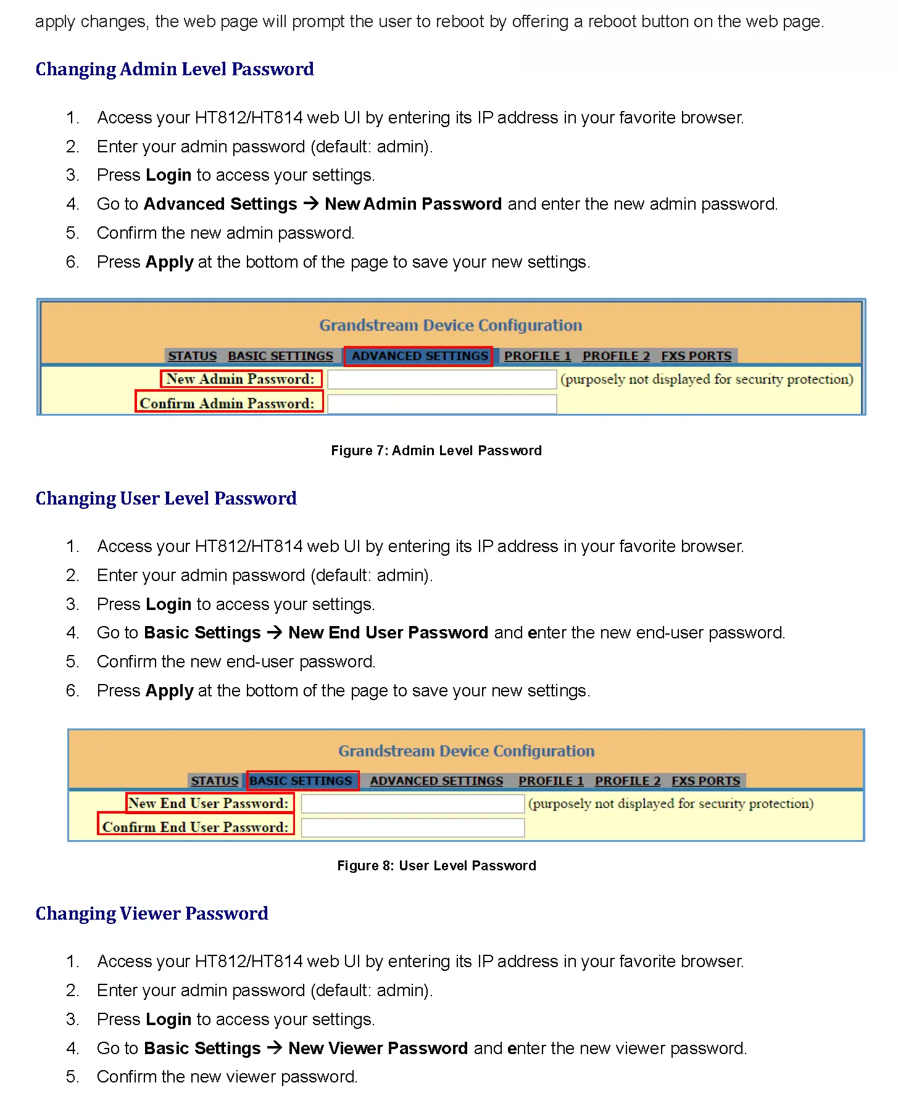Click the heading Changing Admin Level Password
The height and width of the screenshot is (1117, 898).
point(175,69)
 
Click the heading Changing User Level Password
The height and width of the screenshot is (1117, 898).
point(166,498)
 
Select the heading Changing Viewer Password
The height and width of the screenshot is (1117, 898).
point(152,913)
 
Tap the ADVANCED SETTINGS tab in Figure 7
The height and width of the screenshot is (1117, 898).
point(419,356)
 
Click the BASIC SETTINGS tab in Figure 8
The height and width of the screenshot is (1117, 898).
point(301,781)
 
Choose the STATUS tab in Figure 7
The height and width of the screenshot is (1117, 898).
point(193,356)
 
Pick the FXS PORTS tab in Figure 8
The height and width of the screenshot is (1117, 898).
point(705,781)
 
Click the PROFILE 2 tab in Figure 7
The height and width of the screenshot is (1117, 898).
point(616,356)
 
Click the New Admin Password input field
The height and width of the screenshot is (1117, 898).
point(442,379)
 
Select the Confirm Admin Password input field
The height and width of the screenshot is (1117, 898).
point(442,403)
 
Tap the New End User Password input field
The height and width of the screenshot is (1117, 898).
point(412,804)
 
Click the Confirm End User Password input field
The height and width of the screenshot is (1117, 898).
point(412,827)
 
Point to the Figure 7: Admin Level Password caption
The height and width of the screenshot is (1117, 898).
point(436,451)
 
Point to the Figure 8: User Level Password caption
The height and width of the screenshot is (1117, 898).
point(436,866)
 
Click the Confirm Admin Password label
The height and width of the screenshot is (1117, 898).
point(227,403)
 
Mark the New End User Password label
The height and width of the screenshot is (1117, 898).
point(209,804)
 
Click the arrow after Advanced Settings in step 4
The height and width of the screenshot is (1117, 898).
point(311,204)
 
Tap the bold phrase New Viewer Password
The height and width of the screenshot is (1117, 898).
point(378,1048)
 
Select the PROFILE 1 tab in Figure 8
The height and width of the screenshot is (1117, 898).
point(551,781)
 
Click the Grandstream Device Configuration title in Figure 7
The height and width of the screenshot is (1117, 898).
point(451,325)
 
